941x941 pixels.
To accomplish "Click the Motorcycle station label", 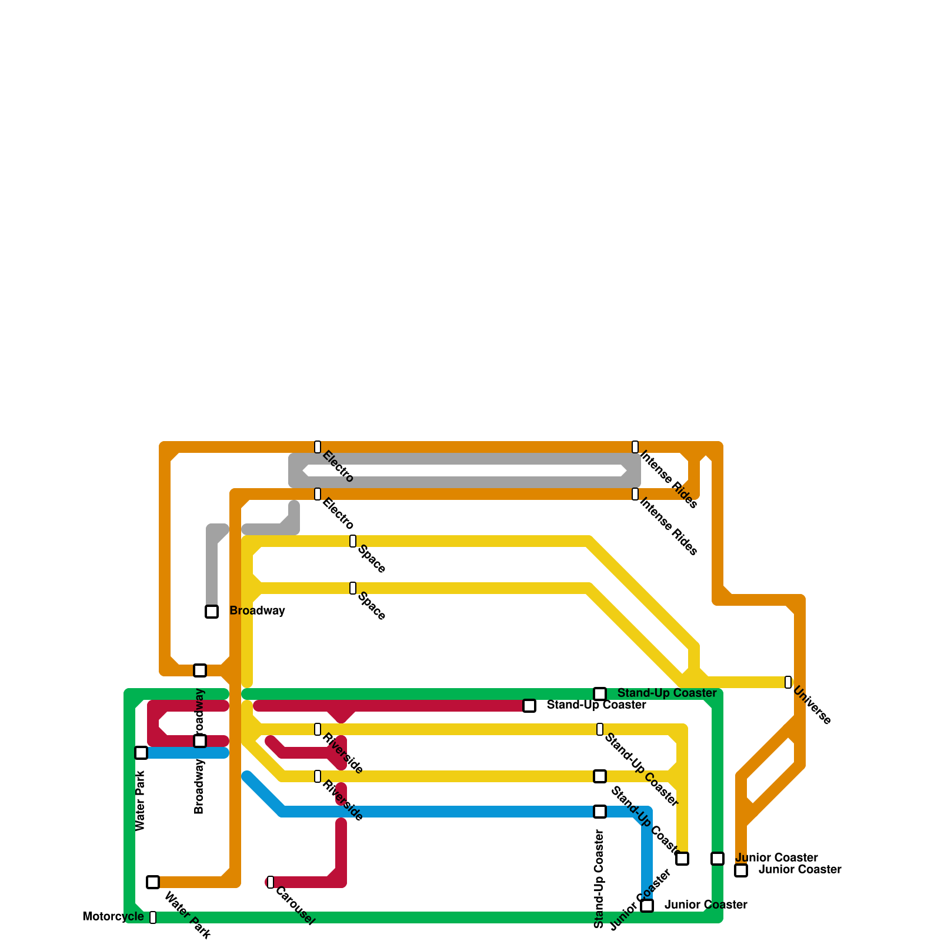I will pyautogui.click(x=113, y=916).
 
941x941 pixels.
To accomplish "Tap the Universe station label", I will pyautogui.click(x=812, y=705).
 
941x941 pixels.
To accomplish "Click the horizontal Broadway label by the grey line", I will pyautogui.click(x=257, y=610).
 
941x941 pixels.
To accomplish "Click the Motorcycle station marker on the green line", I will pyautogui.click(x=153, y=917).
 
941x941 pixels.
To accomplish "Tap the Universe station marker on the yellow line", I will pyautogui.click(x=788, y=682).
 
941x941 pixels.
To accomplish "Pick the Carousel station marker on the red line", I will pyautogui.click(x=271, y=882).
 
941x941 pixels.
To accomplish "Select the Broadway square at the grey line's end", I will pyautogui.click(x=212, y=612).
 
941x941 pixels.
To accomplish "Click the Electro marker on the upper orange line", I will pyautogui.click(x=318, y=447).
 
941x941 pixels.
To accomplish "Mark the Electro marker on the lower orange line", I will pyautogui.click(x=318, y=494).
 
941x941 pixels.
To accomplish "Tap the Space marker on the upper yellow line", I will pyautogui.click(x=353, y=541).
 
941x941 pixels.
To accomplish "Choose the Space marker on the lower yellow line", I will pyautogui.click(x=353, y=588).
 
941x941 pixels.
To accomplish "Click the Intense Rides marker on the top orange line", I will pyautogui.click(x=635, y=447).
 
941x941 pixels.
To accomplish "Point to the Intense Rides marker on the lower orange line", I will pyautogui.click(x=635, y=494).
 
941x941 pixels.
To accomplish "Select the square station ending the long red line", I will pyautogui.click(x=529, y=706).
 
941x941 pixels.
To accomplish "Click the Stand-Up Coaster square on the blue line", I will pyautogui.click(x=600, y=812).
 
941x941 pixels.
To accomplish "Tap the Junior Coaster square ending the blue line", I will pyautogui.click(x=647, y=906).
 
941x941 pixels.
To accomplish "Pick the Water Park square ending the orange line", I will pyautogui.click(x=153, y=882).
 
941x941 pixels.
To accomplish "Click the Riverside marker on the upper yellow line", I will pyautogui.click(x=318, y=729).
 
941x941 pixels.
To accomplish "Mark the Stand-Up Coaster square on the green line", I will pyautogui.click(x=600, y=694).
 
